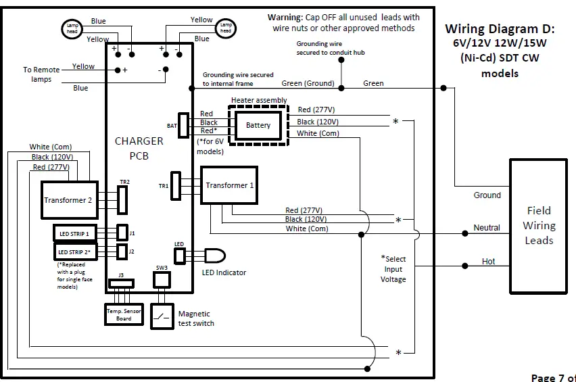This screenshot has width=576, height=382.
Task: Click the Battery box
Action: tap(258, 126)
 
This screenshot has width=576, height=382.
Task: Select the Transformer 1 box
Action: tap(229, 185)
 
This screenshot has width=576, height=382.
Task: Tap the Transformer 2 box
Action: tap(69, 200)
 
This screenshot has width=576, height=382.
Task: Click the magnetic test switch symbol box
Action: tap(162, 316)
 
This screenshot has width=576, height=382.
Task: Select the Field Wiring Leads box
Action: tap(539, 225)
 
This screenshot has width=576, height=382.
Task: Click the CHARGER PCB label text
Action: tap(139, 148)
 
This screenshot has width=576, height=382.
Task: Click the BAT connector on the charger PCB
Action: tap(183, 125)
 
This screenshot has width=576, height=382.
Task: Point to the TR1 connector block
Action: tap(176, 185)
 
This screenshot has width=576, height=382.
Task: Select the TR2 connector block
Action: tap(122, 199)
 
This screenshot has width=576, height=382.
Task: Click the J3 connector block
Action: tap(122, 283)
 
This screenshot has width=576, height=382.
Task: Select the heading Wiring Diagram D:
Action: tap(500, 29)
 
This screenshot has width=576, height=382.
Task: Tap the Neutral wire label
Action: tap(487, 228)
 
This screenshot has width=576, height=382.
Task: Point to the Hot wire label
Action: tap(488, 261)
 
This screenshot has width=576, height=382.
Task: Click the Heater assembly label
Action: tap(259, 100)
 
